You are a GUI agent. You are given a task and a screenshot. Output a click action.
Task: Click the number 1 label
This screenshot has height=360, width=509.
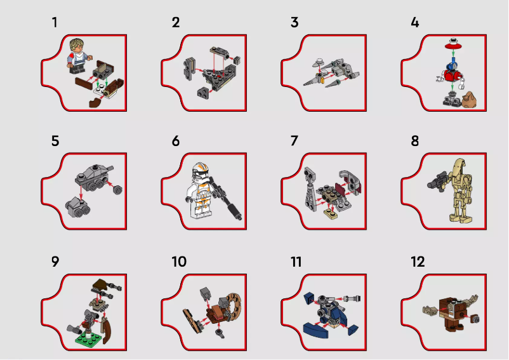[x=55, y=22]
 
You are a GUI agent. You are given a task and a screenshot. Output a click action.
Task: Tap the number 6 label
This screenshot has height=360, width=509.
[x=176, y=141]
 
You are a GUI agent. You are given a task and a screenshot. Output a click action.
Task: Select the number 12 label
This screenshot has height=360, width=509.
[x=418, y=262]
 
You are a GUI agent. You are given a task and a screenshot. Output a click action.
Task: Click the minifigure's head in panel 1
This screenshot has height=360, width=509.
[x=77, y=48]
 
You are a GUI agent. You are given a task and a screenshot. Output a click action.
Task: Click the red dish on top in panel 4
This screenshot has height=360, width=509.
[x=452, y=45]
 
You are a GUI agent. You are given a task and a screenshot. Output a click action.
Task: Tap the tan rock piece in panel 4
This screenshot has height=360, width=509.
[x=471, y=99]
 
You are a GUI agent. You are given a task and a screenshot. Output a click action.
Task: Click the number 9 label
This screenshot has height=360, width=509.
[x=55, y=262]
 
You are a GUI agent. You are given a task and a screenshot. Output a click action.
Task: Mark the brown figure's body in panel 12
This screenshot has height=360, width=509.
[x=451, y=316]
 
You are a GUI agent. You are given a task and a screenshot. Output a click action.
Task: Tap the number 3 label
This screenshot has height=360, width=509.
[x=294, y=22]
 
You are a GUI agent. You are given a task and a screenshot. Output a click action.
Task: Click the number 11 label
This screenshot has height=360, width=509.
[x=297, y=262]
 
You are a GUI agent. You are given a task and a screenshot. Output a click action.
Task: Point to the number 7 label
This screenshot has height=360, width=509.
[x=294, y=141]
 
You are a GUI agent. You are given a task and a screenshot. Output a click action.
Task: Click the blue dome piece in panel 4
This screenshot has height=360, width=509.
[x=452, y=63]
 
